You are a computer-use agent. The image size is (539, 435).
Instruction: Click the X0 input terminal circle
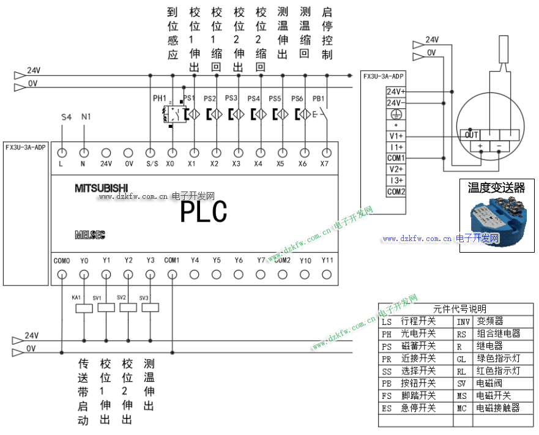[x=173, y=153]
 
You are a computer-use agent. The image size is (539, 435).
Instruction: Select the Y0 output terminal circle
[x=84, y=274]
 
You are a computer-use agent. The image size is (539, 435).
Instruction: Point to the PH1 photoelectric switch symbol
[x=171, y=114]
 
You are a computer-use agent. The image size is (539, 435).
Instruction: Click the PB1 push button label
[x=318, y=99]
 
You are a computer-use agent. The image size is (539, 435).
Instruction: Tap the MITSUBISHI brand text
[x=102, y=188]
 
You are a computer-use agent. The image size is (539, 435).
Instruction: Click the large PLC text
[x=204, y=212]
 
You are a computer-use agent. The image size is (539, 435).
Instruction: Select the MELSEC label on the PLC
[x=90, y=234]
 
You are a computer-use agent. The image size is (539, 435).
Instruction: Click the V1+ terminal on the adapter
[x=396, y=136]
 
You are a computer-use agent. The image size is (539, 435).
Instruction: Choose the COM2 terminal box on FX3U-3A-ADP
[x=396, y=191]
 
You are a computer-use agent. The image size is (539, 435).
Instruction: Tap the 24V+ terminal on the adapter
[x=396, y=91]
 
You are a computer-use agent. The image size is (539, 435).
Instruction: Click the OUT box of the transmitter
[x=471, y=135]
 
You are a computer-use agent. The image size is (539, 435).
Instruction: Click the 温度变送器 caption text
[x=496, y=187]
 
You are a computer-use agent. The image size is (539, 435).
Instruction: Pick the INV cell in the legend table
[x=463, y=321]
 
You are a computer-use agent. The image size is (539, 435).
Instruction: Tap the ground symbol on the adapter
[x=396, y=114]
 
